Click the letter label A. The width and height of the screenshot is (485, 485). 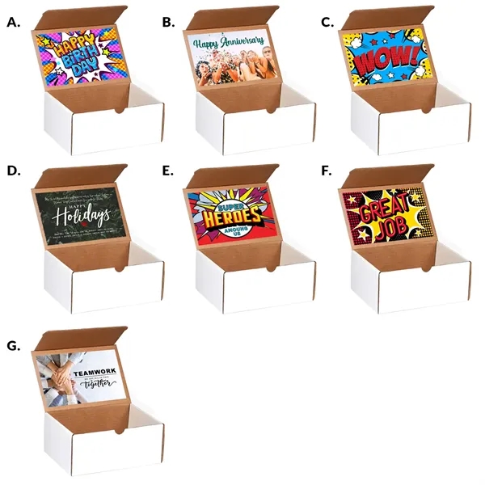click(x=13, y=23)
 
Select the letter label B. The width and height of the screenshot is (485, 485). click(x=168, y=23)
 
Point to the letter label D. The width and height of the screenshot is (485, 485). click(x=13, y=172)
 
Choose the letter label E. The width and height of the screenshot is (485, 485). click(x=168, y=172)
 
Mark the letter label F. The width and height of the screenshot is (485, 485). click(x=326, y=172)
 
